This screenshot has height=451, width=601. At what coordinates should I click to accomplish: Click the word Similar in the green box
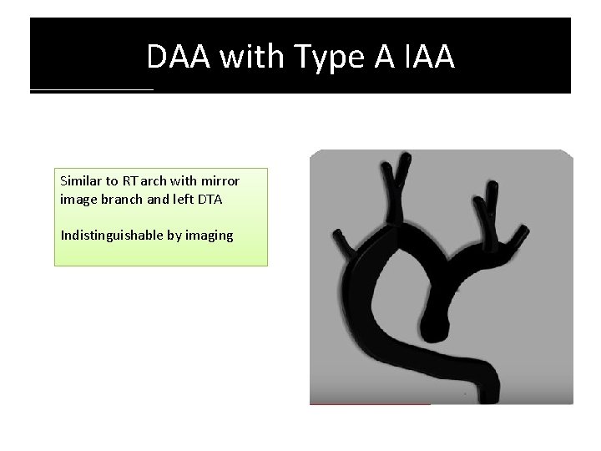point(81,180)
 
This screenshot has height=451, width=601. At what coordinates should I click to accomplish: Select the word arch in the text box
point(157,180)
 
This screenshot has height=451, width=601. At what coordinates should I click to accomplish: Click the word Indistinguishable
point(112,236)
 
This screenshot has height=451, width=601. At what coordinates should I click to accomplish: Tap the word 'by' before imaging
point(174,236)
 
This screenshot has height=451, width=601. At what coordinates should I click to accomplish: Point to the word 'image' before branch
point(78,200)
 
